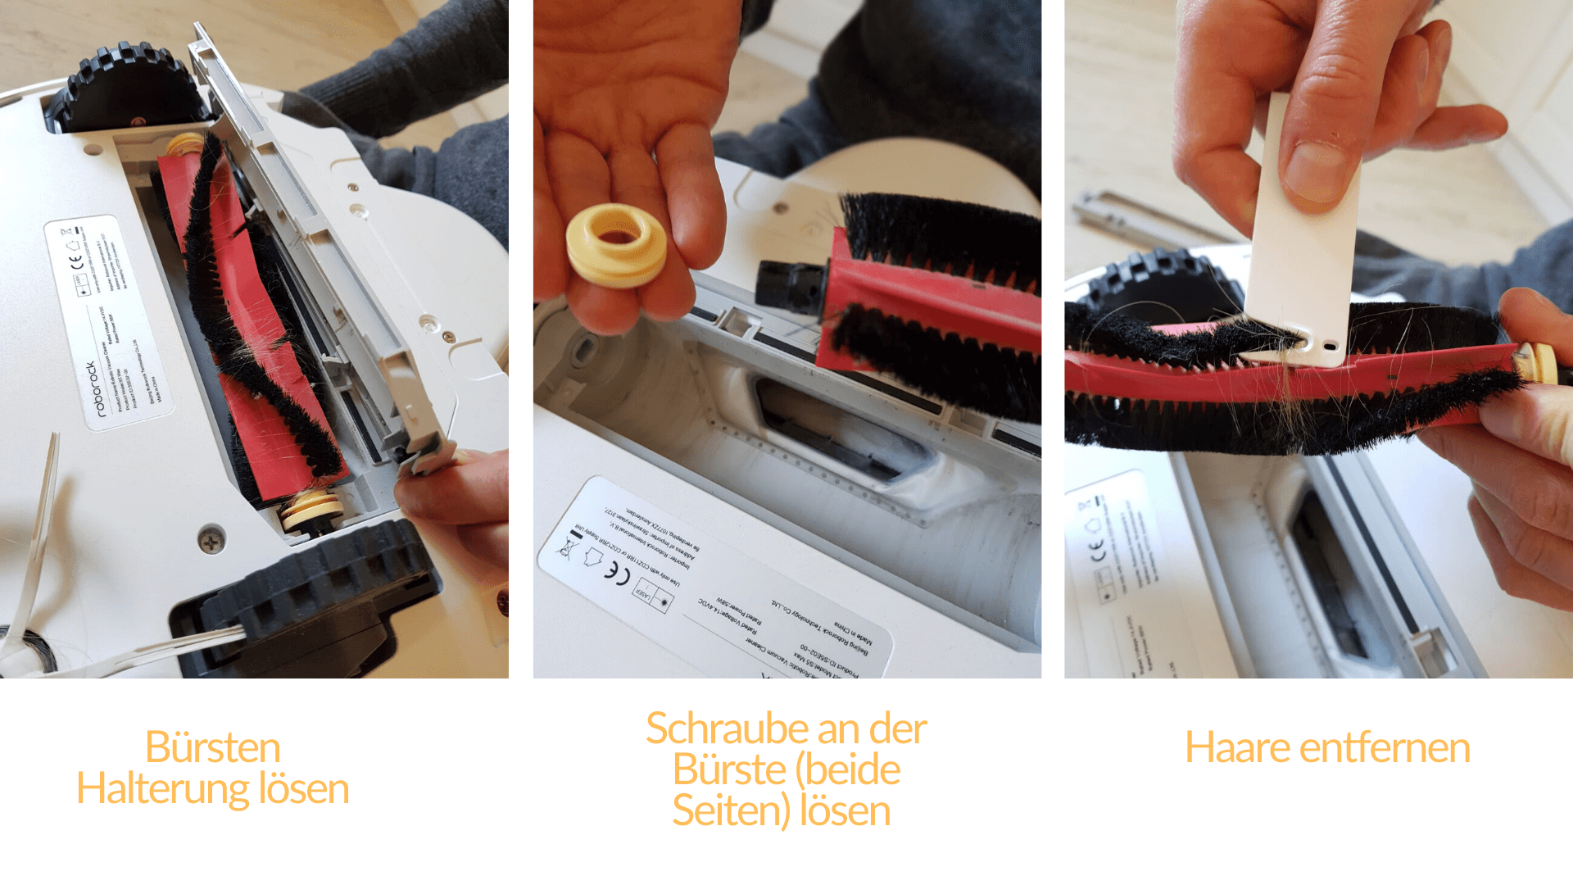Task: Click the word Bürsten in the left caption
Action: (213, 747)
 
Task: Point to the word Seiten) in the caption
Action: (731, 810)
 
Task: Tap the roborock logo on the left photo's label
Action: (97, 388)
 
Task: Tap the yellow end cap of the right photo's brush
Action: (1539, 363)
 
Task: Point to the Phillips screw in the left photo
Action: (211, 540)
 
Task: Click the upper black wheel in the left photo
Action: (127, 86)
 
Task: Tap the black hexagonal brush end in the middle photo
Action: (788, 286)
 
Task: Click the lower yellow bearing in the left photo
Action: (311, 508)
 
